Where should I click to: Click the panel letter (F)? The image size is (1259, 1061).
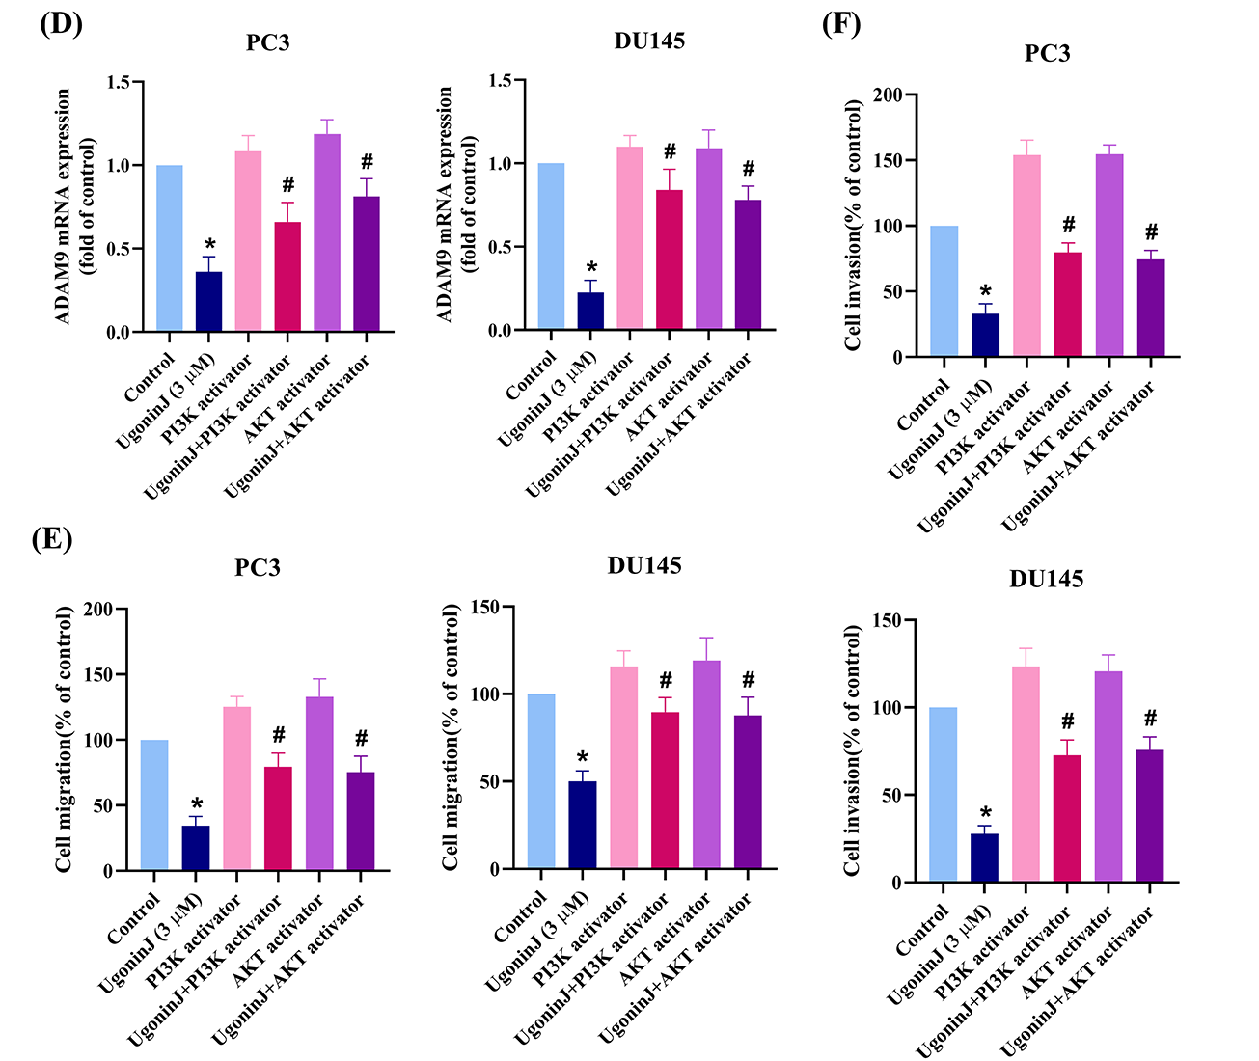[x=841, y=23]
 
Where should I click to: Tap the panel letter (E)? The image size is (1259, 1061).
[x=52, y=537]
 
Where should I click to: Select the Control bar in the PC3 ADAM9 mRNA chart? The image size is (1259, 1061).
[x=169, y=249]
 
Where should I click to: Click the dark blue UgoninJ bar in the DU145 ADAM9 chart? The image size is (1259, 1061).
[x=591, y=312]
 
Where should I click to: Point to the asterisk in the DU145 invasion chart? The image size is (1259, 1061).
[x=985, y=814]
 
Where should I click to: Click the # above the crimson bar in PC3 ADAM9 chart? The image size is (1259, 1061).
[x=287, y=184]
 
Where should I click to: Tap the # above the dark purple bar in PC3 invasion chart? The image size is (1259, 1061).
[x=1150, y=231]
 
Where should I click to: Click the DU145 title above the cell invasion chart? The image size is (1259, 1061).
[x=1046, y=579]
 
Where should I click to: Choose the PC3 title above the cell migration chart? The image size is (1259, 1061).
[x=258, y=567]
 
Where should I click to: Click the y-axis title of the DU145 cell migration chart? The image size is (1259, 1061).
[x=452, y=738]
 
